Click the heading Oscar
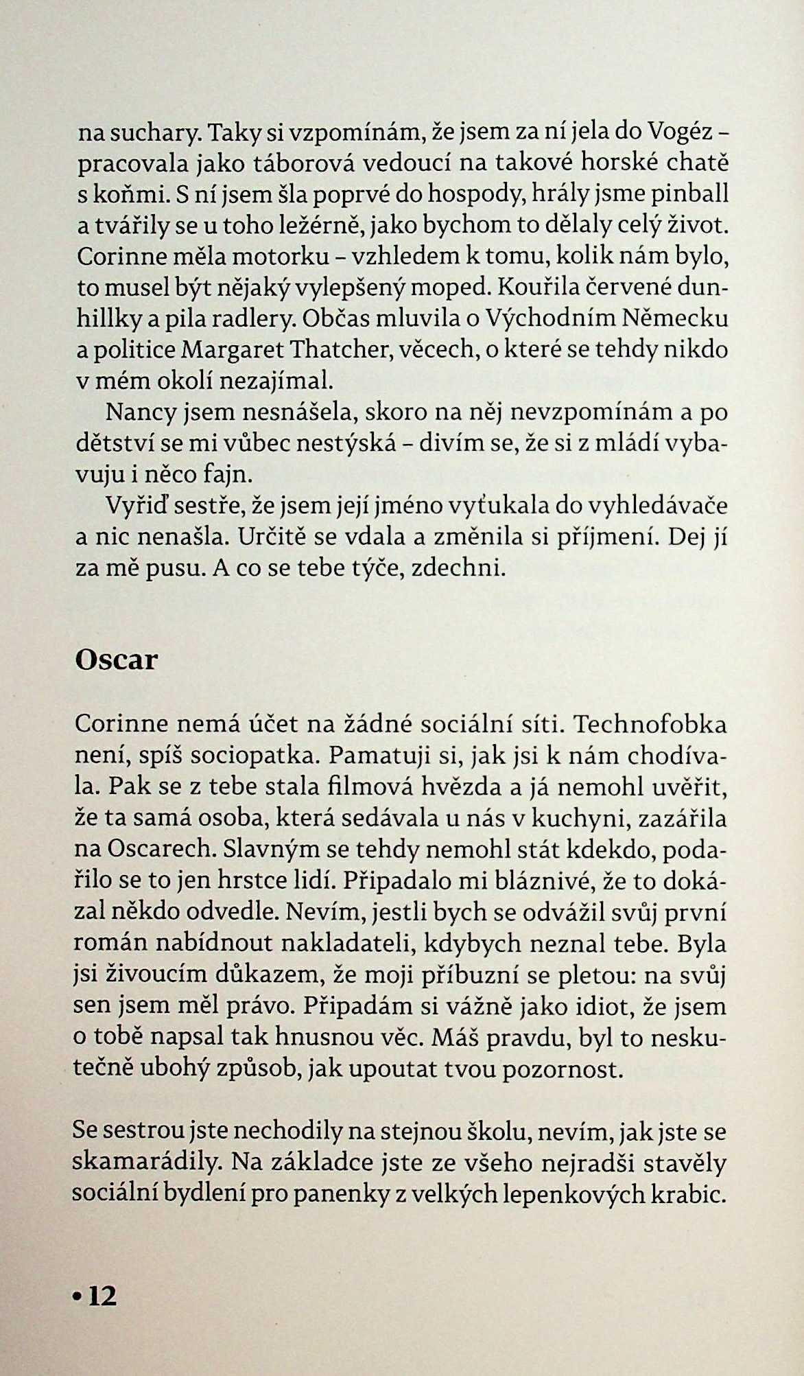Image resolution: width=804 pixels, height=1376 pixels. point(116,660)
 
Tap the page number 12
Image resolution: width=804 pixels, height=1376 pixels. point(103,1296)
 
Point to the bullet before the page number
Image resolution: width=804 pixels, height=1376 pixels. point(79,1297)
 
